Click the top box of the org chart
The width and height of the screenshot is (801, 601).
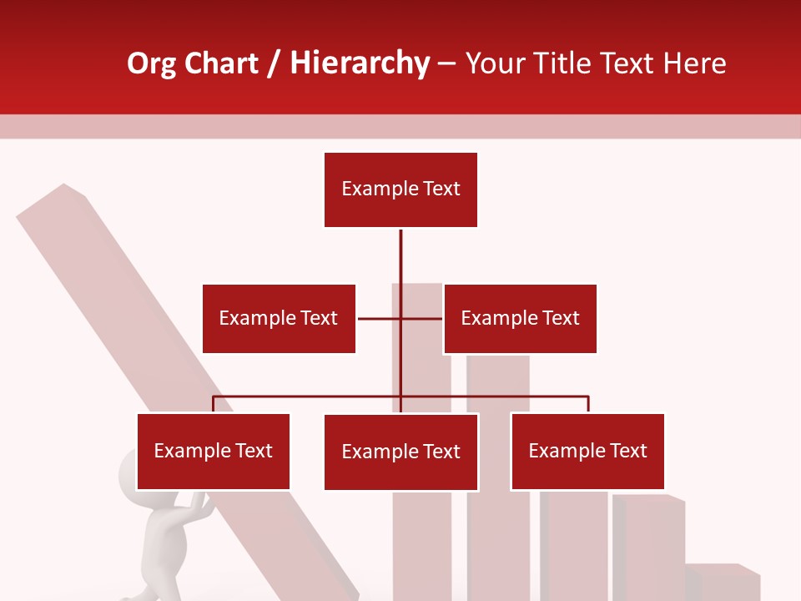point(400,189)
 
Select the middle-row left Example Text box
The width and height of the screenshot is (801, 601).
point(279,318)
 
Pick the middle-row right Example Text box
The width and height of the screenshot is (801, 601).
point(520,318)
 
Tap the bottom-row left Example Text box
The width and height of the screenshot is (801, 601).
point(214,451)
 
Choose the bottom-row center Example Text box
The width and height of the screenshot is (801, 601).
point(400,452)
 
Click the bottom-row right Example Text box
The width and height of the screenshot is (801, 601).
point(587,451)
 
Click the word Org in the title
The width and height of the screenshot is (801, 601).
point(151,63)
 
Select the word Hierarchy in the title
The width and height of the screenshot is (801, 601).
point(360,63)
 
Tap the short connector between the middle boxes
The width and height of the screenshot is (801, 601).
point(380,318)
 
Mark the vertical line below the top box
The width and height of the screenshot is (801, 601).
point(400,259)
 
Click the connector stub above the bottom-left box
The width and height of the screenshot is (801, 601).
point(214,404)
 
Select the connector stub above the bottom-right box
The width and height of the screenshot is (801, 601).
point(587,404)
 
